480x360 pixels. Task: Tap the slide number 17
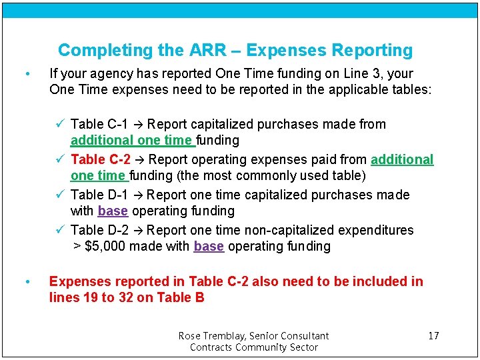433,335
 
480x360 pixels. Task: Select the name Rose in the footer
189,335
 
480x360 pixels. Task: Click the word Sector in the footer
303,347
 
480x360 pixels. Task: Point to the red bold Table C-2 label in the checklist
101,159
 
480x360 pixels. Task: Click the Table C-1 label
99,124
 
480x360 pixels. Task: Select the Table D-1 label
99,195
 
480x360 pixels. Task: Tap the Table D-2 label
99,230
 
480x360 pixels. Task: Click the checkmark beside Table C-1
60,124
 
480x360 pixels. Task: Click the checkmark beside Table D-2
60,230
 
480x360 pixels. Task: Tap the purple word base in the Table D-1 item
112,211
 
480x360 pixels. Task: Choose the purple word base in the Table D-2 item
209,246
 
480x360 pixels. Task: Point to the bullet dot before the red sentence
26,282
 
